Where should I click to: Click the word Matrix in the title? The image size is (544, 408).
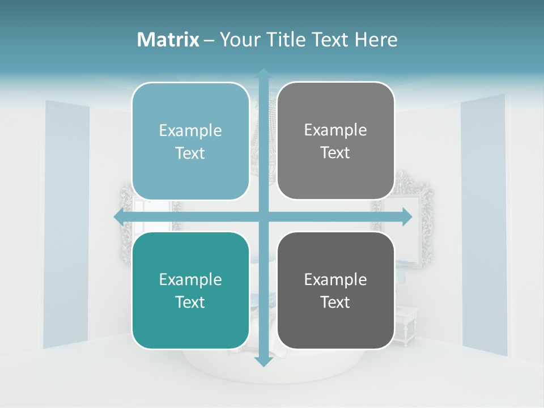point(168,40)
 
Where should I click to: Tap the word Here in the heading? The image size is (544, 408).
point(376,40)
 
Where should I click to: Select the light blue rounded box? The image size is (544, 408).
point(190,141)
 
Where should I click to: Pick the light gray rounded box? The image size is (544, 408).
point(335,141)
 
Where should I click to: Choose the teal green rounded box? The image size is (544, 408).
point(190,290)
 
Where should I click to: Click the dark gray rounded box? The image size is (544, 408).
point(335,290)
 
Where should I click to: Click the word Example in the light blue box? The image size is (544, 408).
point(190,130)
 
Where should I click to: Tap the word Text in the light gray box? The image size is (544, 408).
point(335,152)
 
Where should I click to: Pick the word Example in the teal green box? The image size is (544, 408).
point(190,279)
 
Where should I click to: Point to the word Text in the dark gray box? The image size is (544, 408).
point(335,302)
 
